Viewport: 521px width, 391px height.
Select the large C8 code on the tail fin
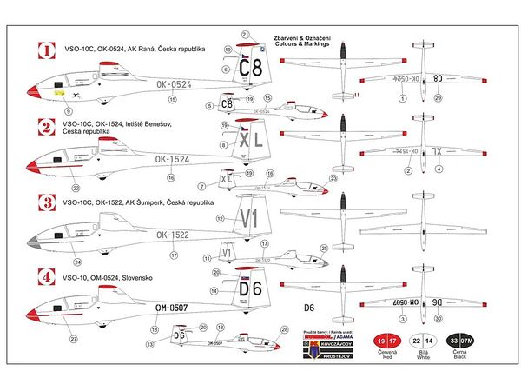[252, 66]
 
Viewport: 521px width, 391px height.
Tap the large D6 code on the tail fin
[252, 288]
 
